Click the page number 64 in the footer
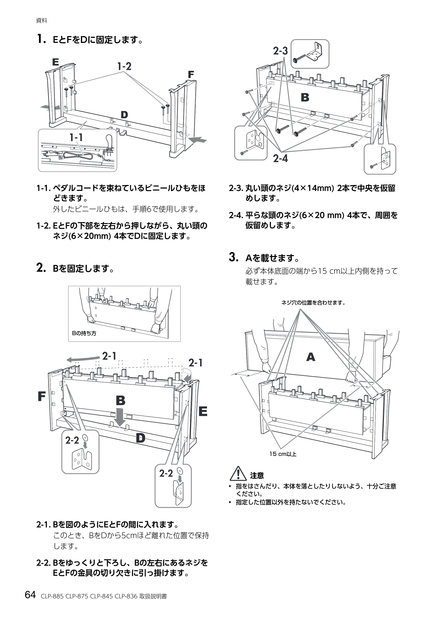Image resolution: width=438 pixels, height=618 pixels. click(x=30, y=595)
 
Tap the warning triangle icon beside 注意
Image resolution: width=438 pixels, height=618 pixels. click(x=238, y=473)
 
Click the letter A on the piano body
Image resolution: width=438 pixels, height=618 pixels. click(x=311, y=357)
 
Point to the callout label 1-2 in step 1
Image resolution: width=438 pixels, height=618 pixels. click(x=124, y=66)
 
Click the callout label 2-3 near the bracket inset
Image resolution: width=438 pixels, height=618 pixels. click(x=281, y=51)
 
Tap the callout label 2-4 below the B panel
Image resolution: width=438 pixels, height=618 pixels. click(x=281, y=159)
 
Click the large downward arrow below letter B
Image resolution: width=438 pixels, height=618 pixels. click(x=120, y=417)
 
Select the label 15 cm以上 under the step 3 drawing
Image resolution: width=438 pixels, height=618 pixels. click(x=283, y=454)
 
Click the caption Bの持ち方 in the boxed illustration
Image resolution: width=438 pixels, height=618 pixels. click(x=84, y=334)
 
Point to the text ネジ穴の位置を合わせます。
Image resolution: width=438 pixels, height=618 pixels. click(x=313, y=303)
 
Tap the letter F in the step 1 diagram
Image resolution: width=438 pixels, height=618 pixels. click(x=191, y=75)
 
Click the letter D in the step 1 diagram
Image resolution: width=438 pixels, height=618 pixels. click(x=124, y=115)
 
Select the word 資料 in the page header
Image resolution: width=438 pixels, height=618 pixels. click(x=42, y=21)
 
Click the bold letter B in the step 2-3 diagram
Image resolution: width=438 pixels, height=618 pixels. click(x=305, y=98)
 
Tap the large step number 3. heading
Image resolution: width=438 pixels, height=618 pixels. click(x=234, y=257)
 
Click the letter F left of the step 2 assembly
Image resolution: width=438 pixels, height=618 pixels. click(x=42, y=396)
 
